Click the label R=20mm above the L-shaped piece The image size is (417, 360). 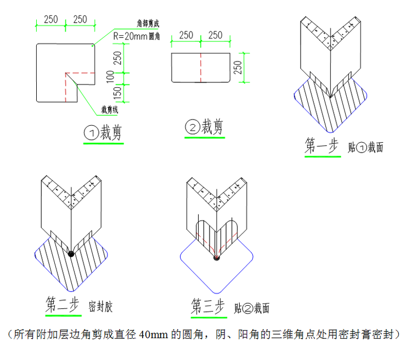[x=130, y=36]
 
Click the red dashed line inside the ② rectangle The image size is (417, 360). [x=201, y=67]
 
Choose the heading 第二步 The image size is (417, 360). [x=63, y=304]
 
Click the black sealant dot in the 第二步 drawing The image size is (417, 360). [x=71, y=253]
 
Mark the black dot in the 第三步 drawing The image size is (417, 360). [x=216, y=258]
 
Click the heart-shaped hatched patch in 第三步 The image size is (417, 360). [x=216, y=233]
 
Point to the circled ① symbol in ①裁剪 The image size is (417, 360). [x=91, y=133]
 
